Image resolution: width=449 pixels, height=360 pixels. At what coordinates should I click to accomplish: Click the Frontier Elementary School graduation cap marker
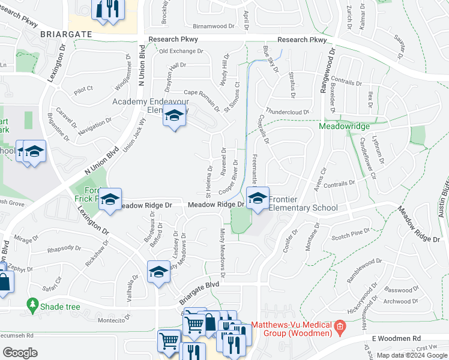click(258, 199)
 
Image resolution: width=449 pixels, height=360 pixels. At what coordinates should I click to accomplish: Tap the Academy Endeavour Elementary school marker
click(174, 118)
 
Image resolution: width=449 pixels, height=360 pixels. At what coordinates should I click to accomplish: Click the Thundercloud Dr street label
click(287, 112)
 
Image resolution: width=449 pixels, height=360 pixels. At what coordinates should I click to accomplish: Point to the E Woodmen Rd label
click(397, 339)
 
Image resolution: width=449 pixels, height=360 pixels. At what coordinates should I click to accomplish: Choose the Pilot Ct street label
click(83, 89)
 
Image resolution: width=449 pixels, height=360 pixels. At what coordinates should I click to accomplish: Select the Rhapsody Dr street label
click(64, 247)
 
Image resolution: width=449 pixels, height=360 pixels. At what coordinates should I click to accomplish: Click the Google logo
click(20, 353)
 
